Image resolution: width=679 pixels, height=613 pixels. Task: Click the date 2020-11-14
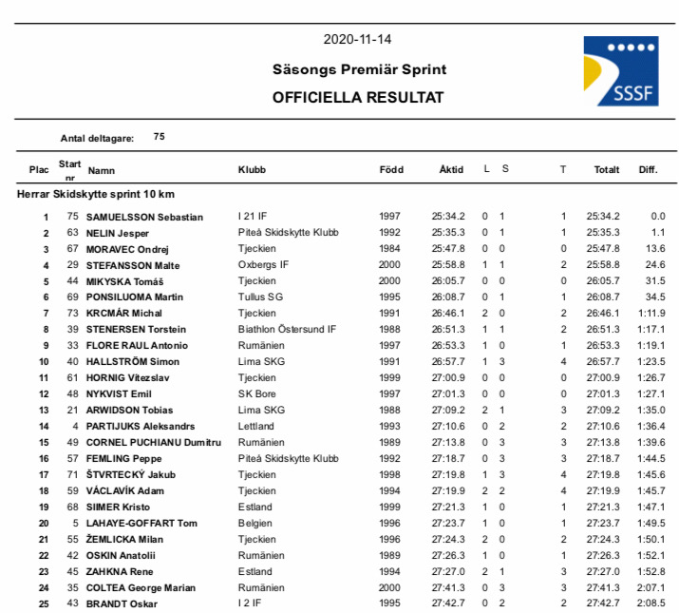[357, 40]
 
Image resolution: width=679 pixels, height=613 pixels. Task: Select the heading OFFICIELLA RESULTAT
[358, 97]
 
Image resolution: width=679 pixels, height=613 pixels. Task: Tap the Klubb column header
[252, 169]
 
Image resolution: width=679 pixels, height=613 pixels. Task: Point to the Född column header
[391, 169]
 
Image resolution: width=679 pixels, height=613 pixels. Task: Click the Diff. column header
[648, 169]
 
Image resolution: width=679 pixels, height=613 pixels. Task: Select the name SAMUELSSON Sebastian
[144, 217]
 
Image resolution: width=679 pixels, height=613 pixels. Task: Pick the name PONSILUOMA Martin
[135, 297]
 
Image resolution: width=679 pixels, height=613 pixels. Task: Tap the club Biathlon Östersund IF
[287, 330]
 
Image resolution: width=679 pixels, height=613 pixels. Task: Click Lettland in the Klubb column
[256, 427]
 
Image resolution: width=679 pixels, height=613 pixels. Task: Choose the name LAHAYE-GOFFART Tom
[141, 523]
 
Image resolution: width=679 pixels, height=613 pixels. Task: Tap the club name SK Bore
[257, 394]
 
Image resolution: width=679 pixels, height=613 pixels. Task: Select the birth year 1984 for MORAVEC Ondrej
[390, 249]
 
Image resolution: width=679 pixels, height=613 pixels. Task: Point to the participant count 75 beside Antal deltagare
[159, 137]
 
